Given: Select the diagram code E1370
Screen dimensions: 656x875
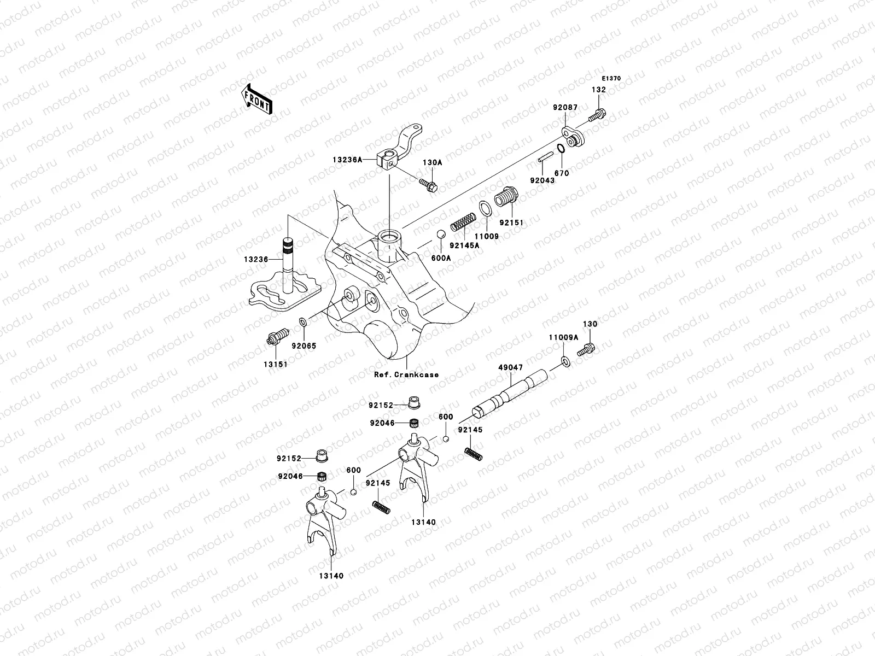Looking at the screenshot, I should [611, 78].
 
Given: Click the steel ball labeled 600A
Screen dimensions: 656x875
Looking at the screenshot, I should [439, 236].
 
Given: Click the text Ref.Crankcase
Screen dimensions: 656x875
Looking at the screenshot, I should [406, 374].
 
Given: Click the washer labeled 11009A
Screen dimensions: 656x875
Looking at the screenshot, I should [565, 361].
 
